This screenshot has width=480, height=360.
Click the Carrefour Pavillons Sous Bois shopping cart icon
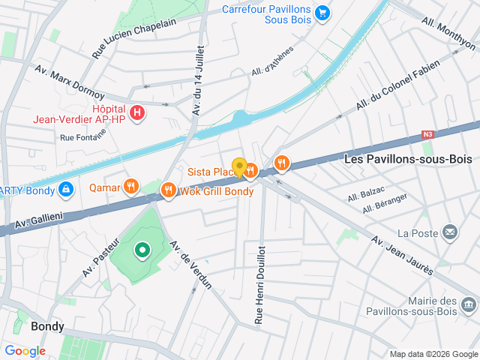tap(322, 13)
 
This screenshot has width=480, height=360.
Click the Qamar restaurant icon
tap(131, 186)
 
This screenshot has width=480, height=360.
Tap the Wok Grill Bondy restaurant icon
tap(168, 190)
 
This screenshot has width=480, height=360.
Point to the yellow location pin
tap(239, 168)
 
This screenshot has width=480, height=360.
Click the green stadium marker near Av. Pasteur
tap(141, 250)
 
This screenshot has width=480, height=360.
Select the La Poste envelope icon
tap(450, 232)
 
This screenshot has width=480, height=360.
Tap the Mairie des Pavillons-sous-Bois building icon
tap(469, 304)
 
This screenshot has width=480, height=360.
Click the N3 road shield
tap(427, 135)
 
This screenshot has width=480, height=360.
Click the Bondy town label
tap(47, 326)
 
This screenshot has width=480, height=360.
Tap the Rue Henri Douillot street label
tap(259, 284)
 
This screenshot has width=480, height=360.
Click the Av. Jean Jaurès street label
tap(403, 254)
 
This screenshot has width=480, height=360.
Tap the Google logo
tap(25, 351)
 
